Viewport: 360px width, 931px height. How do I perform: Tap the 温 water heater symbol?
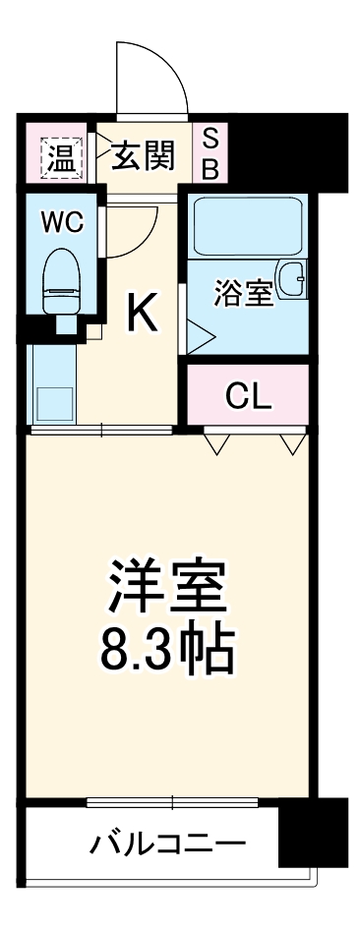click(x=61, y=154)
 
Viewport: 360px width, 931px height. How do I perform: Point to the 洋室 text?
click(x=168, y=587)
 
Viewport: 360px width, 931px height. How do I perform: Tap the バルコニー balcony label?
click(x=167, y=843)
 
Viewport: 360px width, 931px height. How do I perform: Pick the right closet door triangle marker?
click(x=292, y=444)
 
